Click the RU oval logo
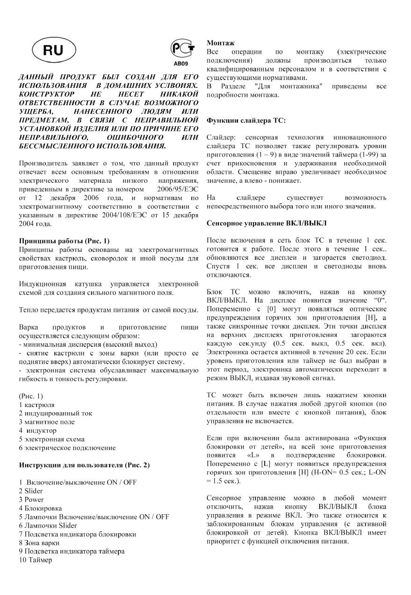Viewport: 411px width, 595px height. tap(53, 51)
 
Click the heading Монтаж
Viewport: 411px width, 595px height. tap(221, 43)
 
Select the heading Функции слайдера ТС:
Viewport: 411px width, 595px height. tap(246, 120)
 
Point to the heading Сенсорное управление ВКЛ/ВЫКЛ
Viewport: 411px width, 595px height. tap(267, 222)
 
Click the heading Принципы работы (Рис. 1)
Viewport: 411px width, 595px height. tap(64, 241)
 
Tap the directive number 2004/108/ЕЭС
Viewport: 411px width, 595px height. tap(137, 215)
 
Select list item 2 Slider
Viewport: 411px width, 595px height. tap(31, 491)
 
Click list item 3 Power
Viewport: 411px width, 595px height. tap(31, 499)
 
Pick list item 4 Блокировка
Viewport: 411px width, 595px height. tap(40, 508)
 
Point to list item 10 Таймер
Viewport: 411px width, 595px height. tap(36, 559)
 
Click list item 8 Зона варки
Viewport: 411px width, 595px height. tap(39, 542)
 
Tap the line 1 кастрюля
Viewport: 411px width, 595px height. tap(36, 405)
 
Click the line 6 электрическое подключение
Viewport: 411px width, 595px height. tap(67, 448)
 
